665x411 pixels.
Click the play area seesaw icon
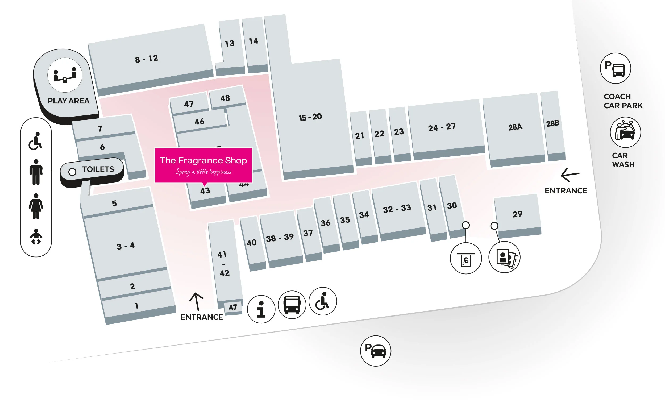(65, 75)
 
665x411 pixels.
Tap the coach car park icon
(615, 68)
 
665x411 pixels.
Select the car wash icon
(625, 132)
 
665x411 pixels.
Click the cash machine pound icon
(465, 259)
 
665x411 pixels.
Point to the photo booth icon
(504, 257)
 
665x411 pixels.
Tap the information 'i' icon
(261, 309)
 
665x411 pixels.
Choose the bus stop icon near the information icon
(292, 304)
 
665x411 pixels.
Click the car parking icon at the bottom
(375, 351)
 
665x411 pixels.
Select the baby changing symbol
(36, 237)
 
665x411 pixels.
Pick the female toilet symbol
(36, 206)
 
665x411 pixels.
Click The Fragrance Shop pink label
(203, 165)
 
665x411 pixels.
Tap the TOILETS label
(98, 169)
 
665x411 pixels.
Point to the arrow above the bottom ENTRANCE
(196, 301)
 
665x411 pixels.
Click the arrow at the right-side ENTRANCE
(570, 175)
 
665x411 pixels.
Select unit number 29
(517, 214)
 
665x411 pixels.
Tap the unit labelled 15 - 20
(310, 117)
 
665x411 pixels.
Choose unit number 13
(229, 43)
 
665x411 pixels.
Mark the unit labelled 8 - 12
(147, 59)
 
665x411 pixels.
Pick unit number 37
(308, 233)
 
